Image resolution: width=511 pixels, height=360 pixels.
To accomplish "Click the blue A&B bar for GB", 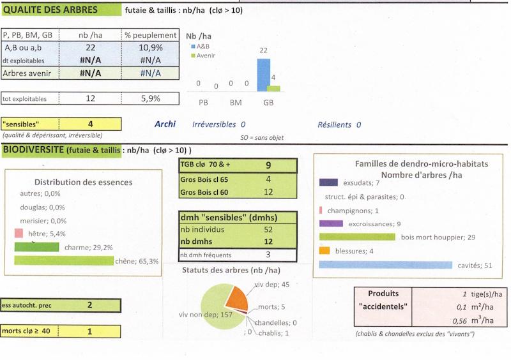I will [x=264, y=75].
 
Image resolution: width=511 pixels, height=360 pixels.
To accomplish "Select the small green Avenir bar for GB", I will [x=274, y=88].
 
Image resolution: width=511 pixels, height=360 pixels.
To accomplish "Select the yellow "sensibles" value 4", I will [x=91, y=123].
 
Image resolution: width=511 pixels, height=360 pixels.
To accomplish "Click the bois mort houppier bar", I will [x=358, y=237].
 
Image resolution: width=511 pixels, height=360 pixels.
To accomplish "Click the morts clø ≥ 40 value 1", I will [x=89, y=331].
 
